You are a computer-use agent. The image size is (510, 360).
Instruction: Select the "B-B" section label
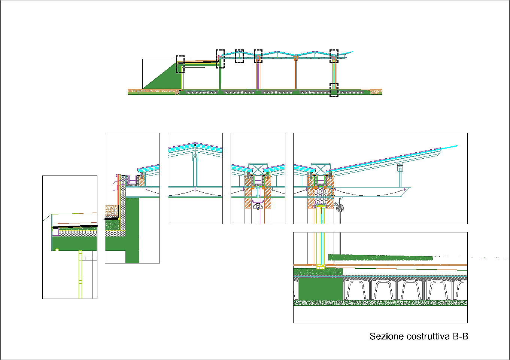(461, 336)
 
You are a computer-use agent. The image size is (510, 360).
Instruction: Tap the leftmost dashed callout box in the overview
(180, 64)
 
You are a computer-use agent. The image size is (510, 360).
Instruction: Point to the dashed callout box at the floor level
(334, 90)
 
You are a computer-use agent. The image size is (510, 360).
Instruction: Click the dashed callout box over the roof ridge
(239, 56)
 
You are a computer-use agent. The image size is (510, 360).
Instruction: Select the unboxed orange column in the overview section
(296, 73)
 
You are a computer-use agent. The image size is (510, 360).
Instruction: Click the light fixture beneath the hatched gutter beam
(258, 206)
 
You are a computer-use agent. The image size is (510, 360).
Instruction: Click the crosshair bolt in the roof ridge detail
(195, 155)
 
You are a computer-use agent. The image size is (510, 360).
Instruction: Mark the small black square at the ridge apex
(195, 144)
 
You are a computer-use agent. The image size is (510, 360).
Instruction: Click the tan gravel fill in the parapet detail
(112, 211)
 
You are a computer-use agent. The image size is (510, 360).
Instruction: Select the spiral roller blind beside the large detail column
(340, 207)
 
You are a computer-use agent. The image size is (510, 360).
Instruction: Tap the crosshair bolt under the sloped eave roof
(400, 165)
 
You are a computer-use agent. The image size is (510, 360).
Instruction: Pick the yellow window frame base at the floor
(320, 266)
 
